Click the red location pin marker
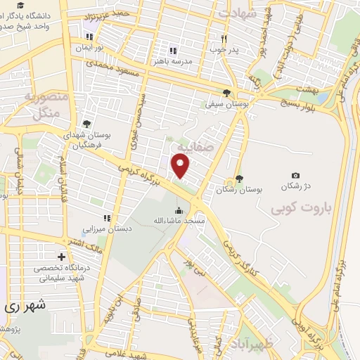point(182,166)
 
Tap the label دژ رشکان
point(295,188)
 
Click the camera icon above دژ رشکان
point(295,176)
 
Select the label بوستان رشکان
point(239,190)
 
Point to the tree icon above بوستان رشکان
point(240,179)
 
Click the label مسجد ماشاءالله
point(179,221)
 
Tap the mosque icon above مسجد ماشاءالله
point(179,210)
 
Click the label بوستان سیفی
point(226,103)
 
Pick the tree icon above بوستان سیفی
point(226,92)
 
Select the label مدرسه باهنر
point(173,61)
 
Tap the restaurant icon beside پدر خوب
point(224,39)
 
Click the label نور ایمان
point(89,48)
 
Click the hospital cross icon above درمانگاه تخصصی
point(61,257)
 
